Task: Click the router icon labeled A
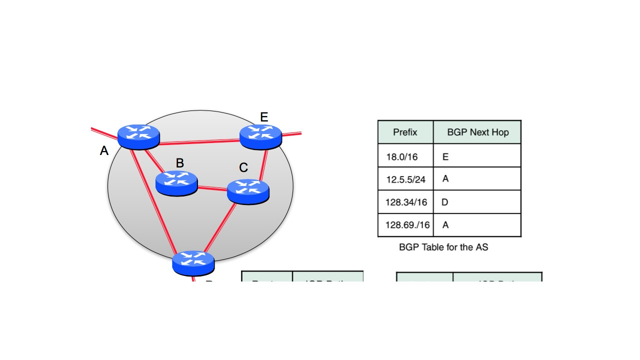(x=138, y=136)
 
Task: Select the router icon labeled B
(x=176, y=182)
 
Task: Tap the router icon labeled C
(x=248, y=191)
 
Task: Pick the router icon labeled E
(x=260, y=136)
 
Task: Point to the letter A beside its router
(x=104, y=150)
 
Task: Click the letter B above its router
(x=180, y=163)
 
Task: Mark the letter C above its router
(x=243, y=168)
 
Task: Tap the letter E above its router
(x=264, y=117)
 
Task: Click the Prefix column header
(x=405, y=132)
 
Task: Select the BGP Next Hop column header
(x=477, y=132)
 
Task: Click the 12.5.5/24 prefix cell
(x=405, y=179)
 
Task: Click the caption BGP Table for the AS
(x=443, y=247)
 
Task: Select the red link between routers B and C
(x=212, y=188)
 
